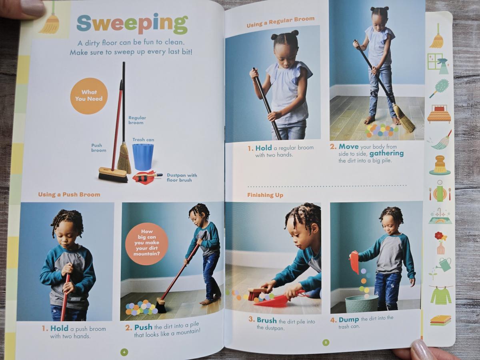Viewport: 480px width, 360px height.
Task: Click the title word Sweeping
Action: click(132, 24)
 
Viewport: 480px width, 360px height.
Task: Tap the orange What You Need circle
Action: click(89, 96)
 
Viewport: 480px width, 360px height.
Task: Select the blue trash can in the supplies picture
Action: click(143, 157)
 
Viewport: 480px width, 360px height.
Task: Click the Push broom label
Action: click(99, 148)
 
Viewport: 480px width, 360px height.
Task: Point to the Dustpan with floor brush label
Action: click(182, 178)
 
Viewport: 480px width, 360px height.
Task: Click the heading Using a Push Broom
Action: click(69, 194)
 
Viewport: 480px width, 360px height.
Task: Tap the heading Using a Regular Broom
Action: click(280, 22)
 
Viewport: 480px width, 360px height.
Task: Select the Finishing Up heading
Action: click(265, 195)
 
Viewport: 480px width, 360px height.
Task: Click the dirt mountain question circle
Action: click(146, 243)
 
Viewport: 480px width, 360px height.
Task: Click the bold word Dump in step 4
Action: click(349, 320)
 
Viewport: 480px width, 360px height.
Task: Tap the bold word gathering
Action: click(386, 154)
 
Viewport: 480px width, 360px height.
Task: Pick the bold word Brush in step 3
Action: click(267, 320)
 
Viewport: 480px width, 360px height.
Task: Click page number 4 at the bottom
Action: click(124, 352)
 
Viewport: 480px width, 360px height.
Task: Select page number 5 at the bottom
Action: click(326, 342)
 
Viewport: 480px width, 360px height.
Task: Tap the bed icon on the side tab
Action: click(439, 114)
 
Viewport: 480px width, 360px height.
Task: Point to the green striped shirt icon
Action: click(441, 296)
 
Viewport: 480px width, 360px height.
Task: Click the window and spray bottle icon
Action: click(438, 63)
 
